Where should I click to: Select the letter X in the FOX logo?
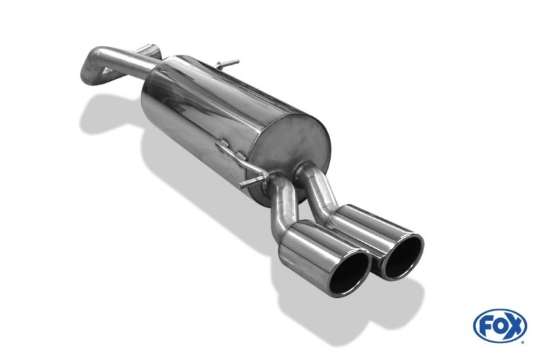(515, 326)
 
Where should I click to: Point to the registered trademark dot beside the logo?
(523, 342)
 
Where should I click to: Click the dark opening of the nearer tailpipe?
(348, 274)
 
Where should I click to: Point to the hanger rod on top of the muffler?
(226, 64)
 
